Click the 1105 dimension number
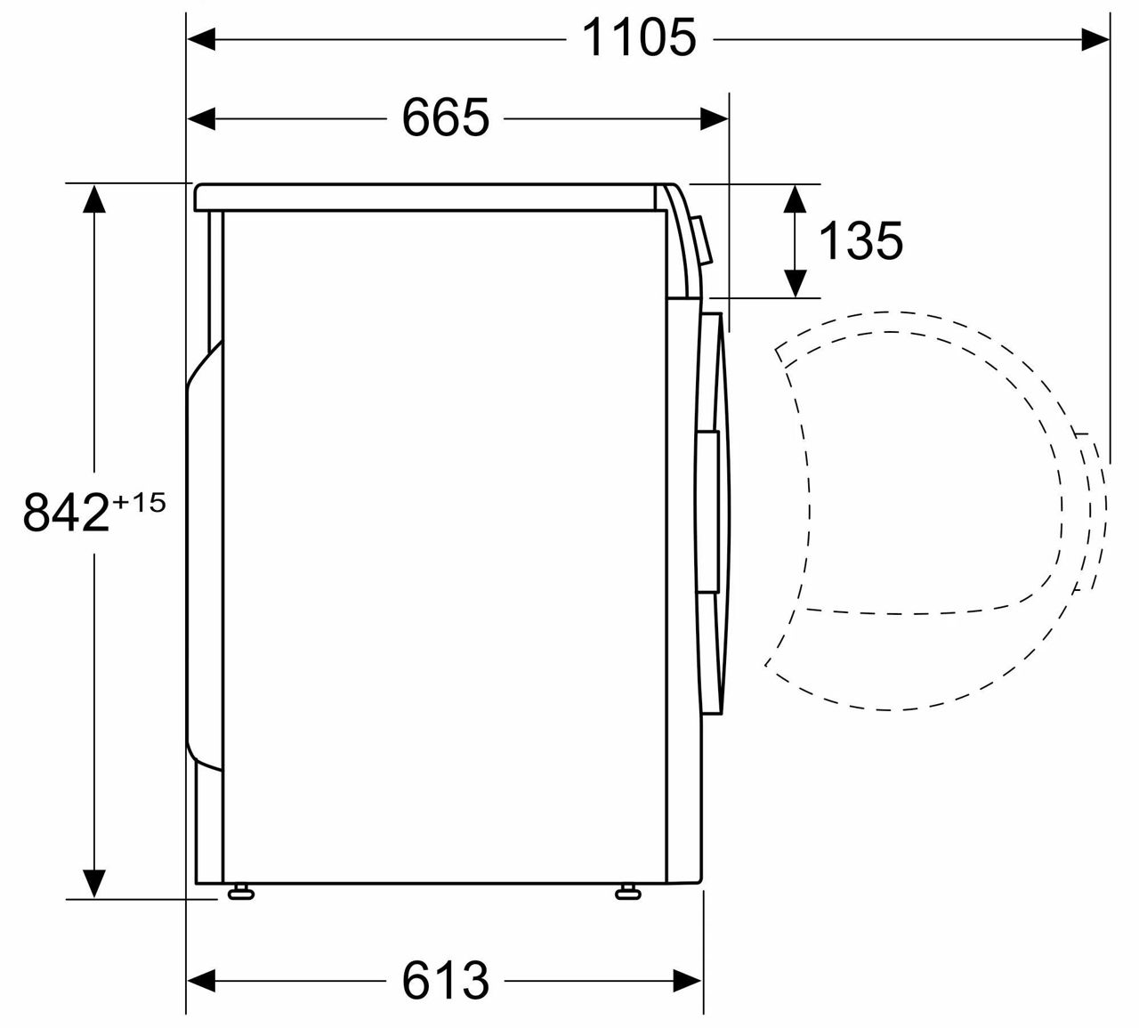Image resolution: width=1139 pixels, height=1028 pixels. (x=639, y=37)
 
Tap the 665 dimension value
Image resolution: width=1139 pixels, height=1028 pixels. (x=445, y=117)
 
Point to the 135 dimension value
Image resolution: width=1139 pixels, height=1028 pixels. (x=860, y=241)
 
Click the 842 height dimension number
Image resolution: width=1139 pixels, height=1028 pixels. (x=66, y=512)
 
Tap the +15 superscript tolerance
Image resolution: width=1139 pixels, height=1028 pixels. (x=139, y=503)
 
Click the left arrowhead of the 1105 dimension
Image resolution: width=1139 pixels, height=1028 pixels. (x=201, y=39)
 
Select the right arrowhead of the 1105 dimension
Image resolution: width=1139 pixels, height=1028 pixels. (x=1095, y=39)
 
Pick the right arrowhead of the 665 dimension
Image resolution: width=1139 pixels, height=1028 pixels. (x=715, y=118)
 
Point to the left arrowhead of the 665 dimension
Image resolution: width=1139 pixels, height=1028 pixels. (x=201, y=118)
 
